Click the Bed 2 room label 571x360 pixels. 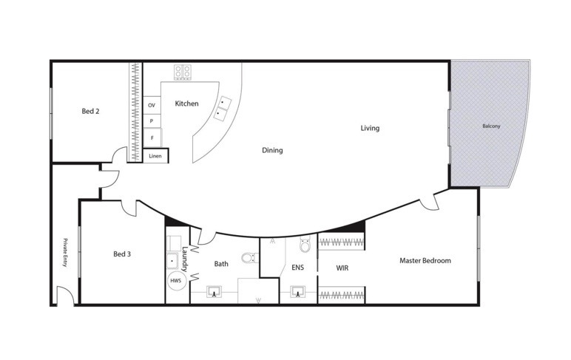(x=90, y=111)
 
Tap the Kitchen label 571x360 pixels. (x=186, y=103)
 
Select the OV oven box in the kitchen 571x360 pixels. (x=152, y=105)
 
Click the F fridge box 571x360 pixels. (x=152, y=137)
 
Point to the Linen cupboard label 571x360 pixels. (x=155, y=156)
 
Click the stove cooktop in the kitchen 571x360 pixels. (x=183, y=72)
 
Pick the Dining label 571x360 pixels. (x=272, y=150)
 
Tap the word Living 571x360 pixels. (x=370, y=128)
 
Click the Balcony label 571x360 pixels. (x=491, y=126)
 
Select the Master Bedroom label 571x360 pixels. (x=425, y=260)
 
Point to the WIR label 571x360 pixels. (x=342, y=268)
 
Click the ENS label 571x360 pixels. (x=297, y=267)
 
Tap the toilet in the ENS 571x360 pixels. (x=305, y=244)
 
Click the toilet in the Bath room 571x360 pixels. (x=250, y=258)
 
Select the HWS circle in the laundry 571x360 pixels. (x=176, y=281)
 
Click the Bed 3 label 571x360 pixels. (x=122, y=254)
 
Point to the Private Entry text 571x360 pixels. (x=65, y=253)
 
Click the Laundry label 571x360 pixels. (x=185, y=259)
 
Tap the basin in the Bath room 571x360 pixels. (x=214, y=291)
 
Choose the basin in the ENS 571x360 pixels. (x=298, y=291)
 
